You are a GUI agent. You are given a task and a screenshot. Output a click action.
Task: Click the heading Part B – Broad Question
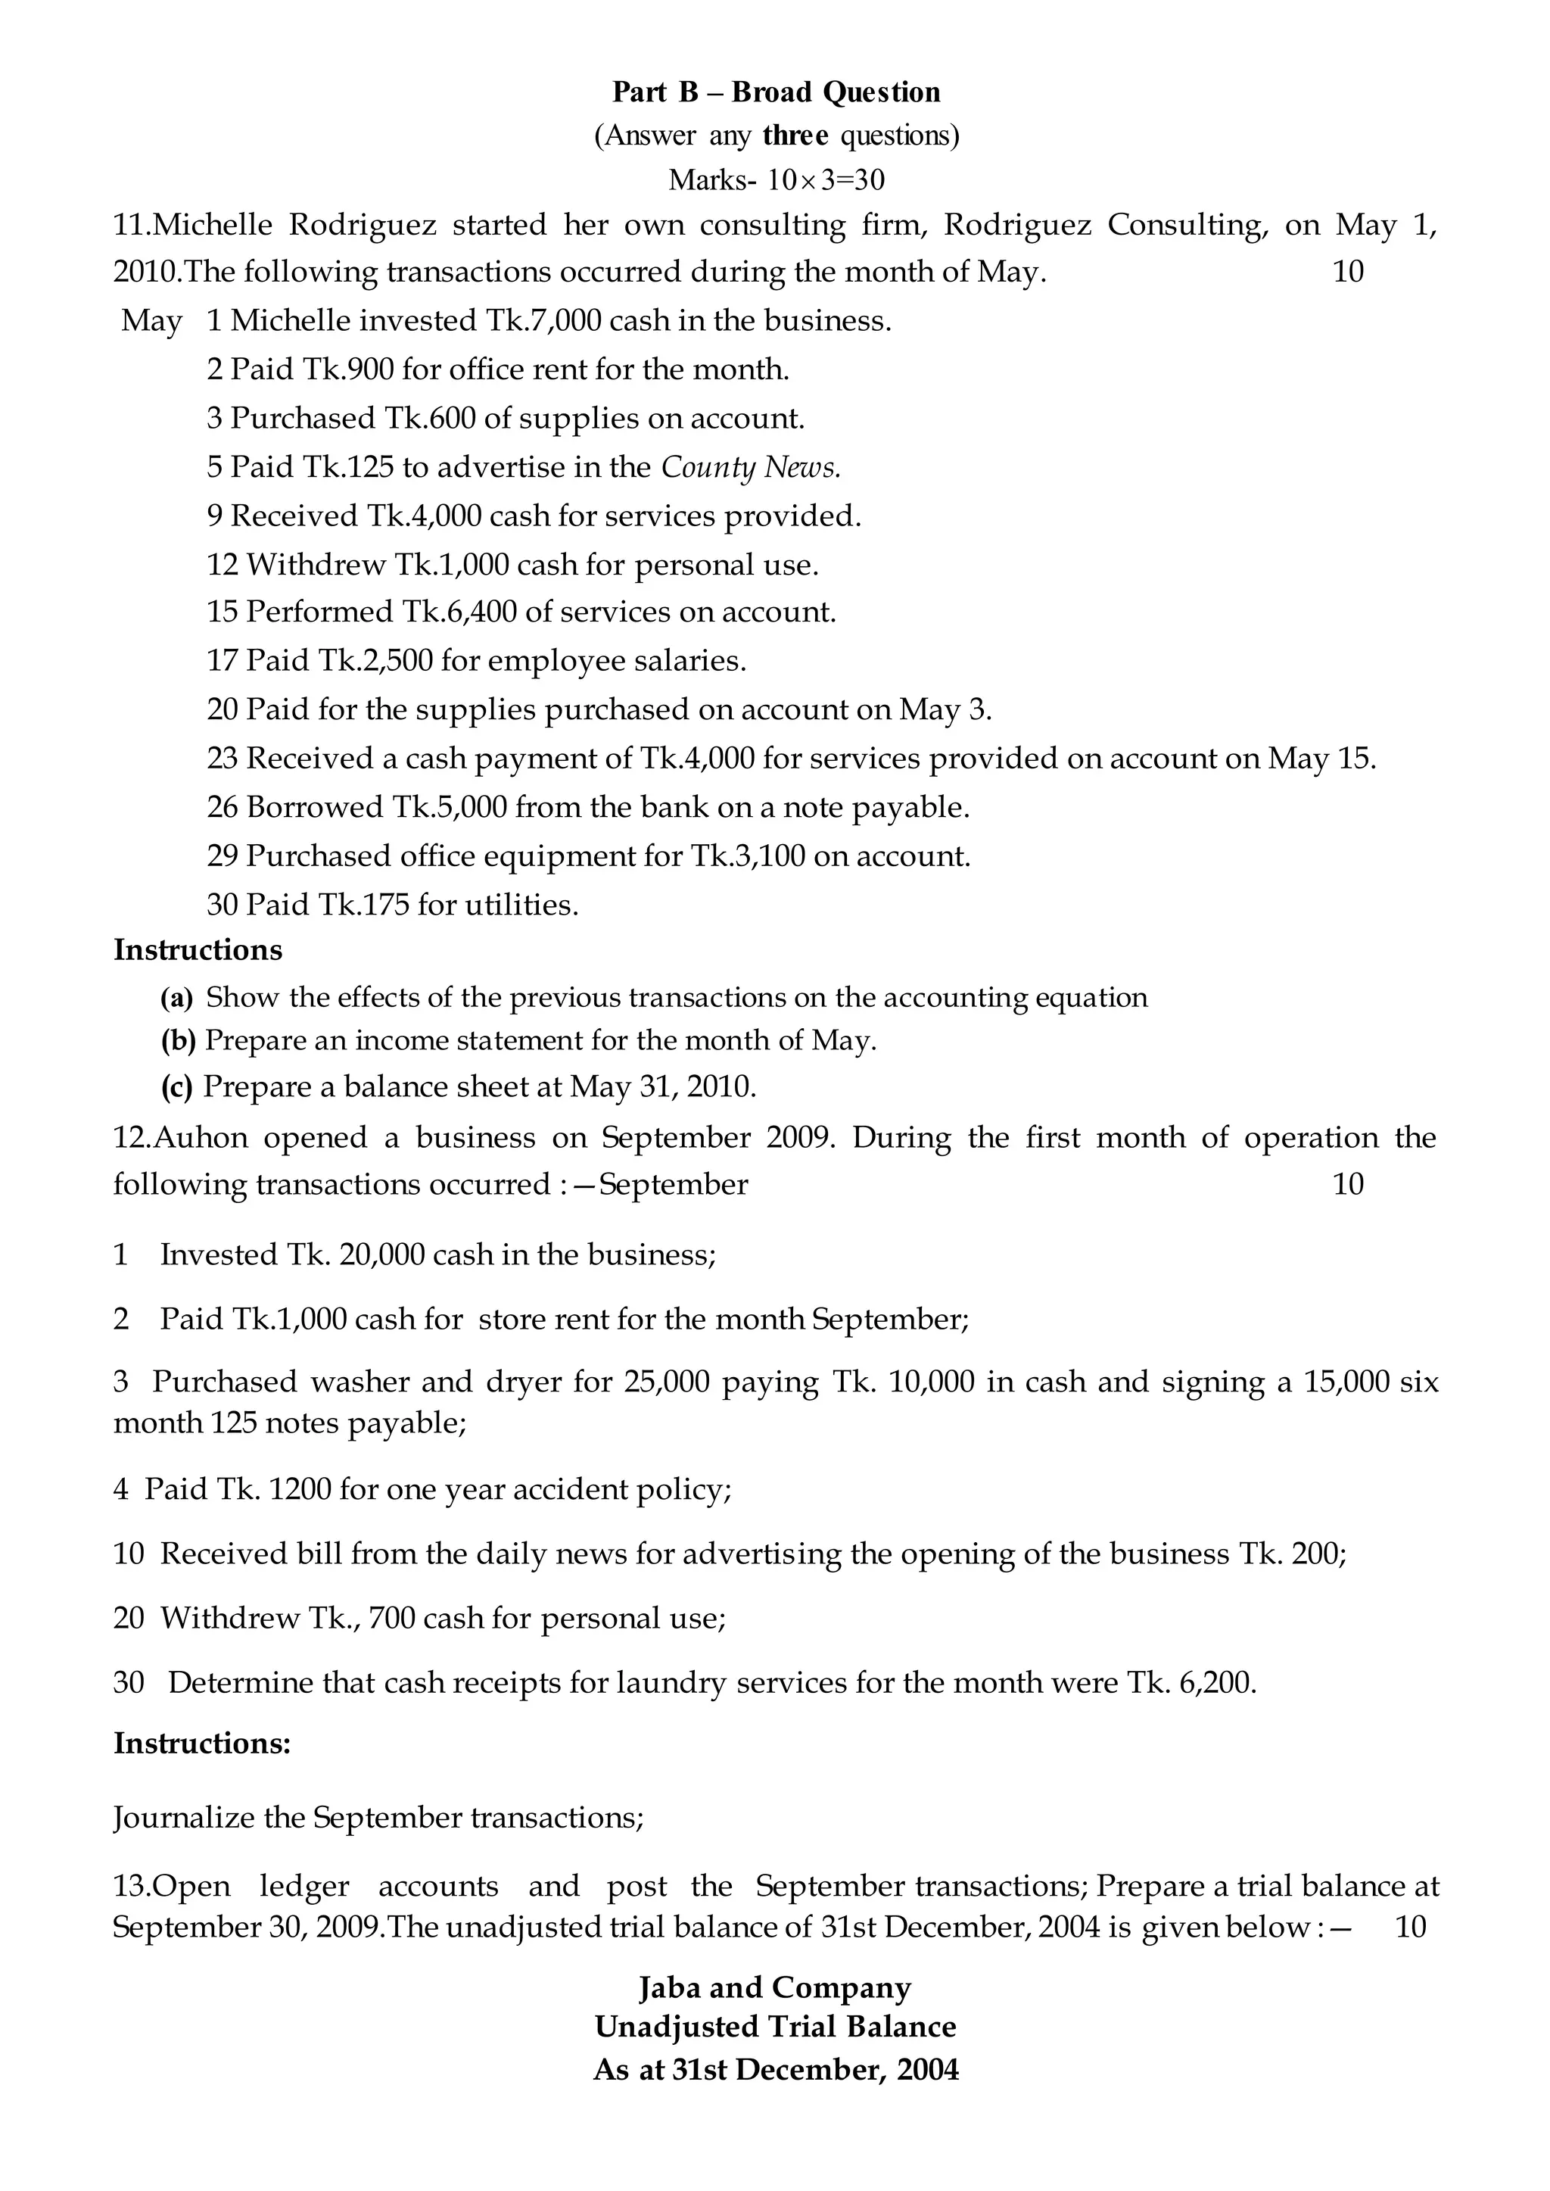tap(775, 92)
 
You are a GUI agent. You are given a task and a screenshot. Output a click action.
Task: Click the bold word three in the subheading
tap(795, 136)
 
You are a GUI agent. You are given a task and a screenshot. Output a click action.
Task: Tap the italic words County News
tap(750, 467)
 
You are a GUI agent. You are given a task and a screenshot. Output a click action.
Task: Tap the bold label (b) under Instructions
tap(178, 1040)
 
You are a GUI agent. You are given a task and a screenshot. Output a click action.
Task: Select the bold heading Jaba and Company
tap(775, 1987)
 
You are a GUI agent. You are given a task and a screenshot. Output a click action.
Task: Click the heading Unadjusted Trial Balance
tap(775, 2027)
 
